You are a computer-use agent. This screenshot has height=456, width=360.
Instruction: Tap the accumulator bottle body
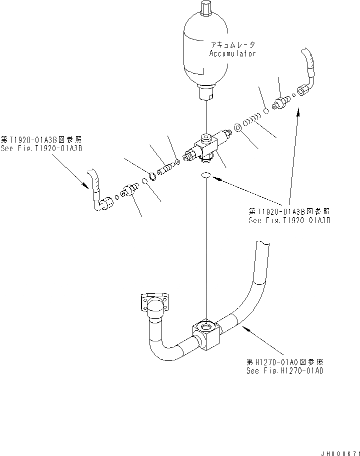(206, 50)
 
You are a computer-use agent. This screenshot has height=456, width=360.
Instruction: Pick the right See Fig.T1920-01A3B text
(289, 220)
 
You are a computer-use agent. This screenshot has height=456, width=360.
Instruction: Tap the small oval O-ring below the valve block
(206, 175)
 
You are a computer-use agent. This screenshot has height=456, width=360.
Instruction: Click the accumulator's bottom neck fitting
(206, 93)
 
